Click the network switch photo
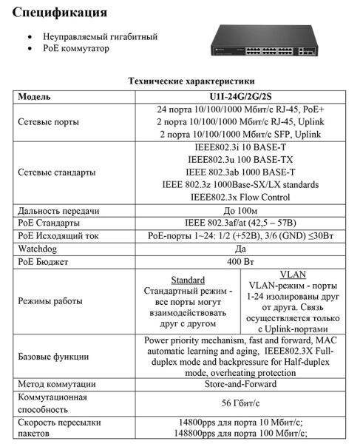(270, 43)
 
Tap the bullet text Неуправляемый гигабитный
(101, 36)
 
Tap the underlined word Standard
(188, 280)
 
